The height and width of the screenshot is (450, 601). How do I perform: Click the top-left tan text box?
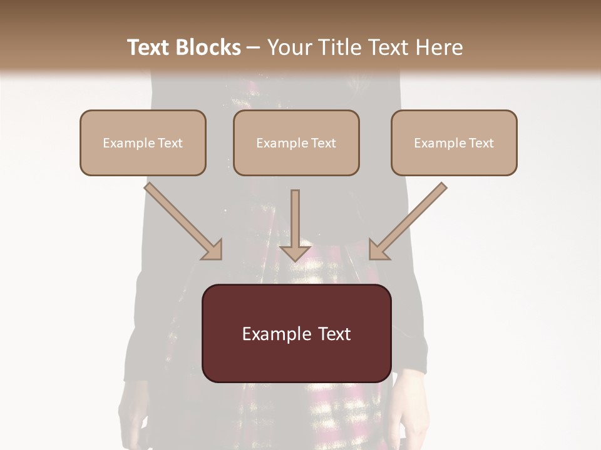tap(143, 142)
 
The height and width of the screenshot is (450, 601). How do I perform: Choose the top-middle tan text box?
tap(296, 142)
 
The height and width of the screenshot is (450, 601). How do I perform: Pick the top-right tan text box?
tap(454, 142)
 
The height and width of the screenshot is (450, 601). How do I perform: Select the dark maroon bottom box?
tap(296, 333)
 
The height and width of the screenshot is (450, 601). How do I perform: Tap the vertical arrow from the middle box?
tap(295, 225)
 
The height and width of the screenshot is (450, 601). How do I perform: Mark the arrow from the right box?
tap(408, 221)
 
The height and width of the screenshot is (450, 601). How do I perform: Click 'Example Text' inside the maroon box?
tap(296, 334)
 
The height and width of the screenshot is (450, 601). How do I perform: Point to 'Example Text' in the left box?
tap(143, 143)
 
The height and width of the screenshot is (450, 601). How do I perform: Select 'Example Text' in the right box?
tap(454, 143)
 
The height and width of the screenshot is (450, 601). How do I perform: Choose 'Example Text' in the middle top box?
tap(296, 143)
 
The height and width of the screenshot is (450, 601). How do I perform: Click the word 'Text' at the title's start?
tap(148, 47)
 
